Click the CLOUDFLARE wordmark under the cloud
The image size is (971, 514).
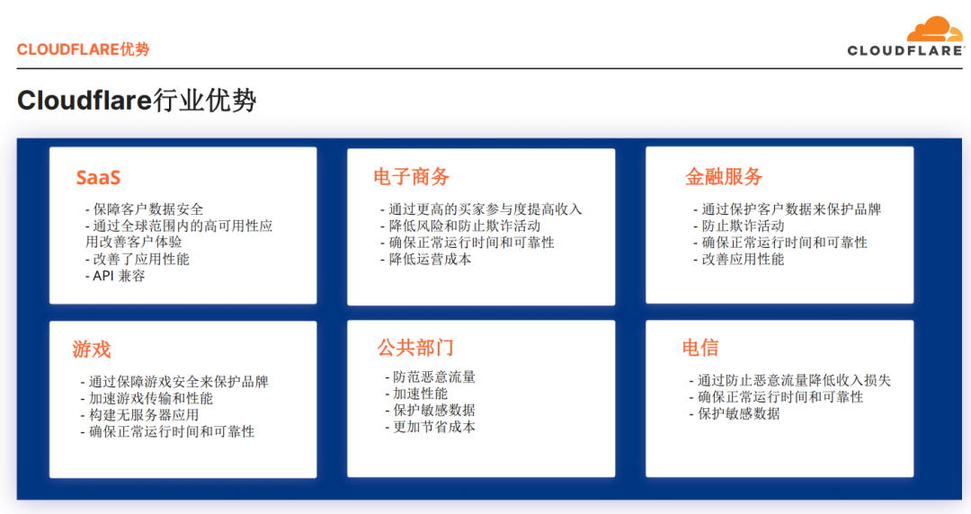click(905, 51)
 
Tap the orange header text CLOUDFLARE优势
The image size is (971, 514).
click(83, 49)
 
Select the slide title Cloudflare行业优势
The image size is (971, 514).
click(137, 101)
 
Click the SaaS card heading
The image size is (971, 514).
click(98, 178)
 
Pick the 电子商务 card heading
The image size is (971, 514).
click(411, 177)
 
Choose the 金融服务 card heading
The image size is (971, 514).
click(723, 177)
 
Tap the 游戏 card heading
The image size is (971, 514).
click(92, 350)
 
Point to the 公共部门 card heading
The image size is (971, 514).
click(414, 348)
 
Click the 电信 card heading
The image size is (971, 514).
click(700, 348)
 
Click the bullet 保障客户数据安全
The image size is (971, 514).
click(144, 209)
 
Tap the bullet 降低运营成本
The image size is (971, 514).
click(426, 260)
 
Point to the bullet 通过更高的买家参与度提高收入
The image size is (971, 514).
click(481, 209)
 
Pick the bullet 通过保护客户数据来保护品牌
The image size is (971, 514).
click(787, 209)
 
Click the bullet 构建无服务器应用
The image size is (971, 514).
click(140, 415)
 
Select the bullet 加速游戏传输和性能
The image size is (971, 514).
click(147, 398)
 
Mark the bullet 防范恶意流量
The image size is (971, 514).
click(431, 377)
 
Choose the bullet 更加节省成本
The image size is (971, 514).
click(431, 427)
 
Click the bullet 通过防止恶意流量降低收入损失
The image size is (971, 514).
click(790, 380)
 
